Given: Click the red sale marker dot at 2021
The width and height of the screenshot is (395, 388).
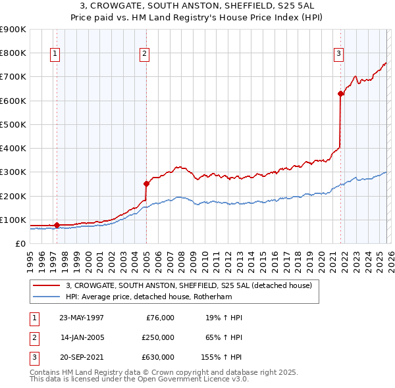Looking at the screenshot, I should (340, 93).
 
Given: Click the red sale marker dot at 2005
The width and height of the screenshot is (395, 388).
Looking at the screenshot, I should (146, 183).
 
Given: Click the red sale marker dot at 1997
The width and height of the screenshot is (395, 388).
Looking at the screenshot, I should (57, 225).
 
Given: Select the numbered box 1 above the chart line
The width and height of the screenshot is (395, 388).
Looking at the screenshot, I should (55, 55).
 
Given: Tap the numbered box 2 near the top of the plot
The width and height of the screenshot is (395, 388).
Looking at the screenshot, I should (144, 55).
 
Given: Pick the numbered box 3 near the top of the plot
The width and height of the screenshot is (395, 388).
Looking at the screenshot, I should (338, 55).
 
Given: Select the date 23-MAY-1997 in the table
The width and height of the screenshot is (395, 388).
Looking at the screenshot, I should (82, 318).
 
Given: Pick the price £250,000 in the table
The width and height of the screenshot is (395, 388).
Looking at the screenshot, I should (158, 337).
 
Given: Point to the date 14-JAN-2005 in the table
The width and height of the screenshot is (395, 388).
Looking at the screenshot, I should (82, 337).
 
